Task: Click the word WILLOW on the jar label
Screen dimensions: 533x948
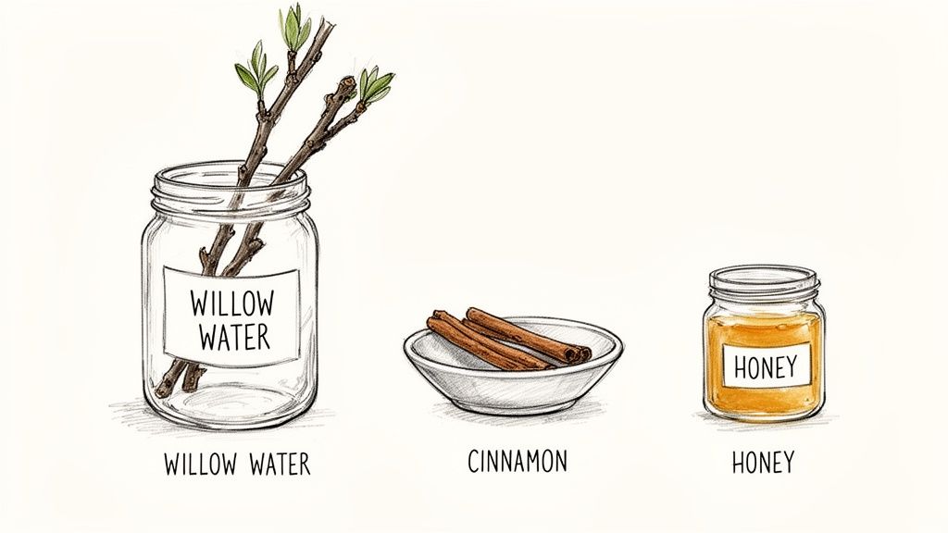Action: [x=232, y=303]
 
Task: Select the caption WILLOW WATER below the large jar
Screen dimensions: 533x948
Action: [x=237, y=463]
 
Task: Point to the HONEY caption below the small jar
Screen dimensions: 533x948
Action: [x=762, y=461]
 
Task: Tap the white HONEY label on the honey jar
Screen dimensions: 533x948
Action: [x=764, y=367]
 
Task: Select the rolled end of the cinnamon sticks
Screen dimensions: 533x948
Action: [x=581, y=353]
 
